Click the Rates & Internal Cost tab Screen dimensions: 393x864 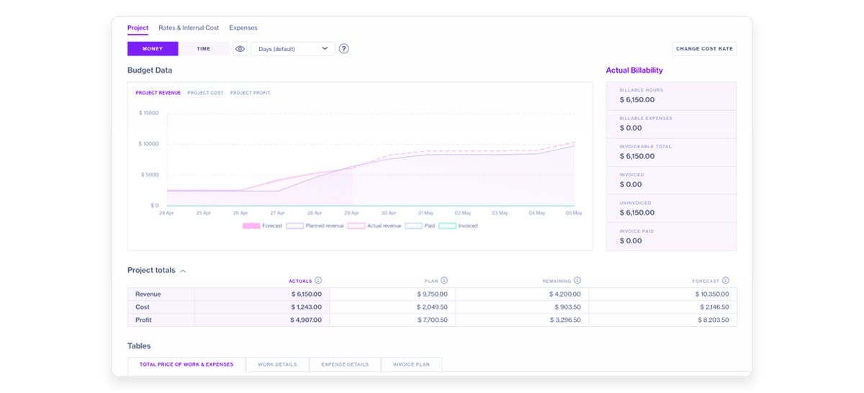pos(189,28)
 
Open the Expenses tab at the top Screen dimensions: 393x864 pos(243,28)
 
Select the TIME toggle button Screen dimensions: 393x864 pos(204,49)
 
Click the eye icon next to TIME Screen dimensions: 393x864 pos(240,49)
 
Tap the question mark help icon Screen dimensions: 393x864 pos(344,49)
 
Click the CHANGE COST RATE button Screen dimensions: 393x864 pos(704,49)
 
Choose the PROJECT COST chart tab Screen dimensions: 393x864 pos(205,93)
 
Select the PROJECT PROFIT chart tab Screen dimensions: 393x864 pos(251,93)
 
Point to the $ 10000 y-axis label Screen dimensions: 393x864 pos(149,144)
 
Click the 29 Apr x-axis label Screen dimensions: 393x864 pos(351,213)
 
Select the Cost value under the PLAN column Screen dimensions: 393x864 pos(432,307)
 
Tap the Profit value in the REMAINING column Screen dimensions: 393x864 pos(565,320)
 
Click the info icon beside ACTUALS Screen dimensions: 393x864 pos(318,281)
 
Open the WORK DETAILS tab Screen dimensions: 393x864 pos(277,365)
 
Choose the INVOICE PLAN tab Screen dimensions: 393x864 pos(411,365)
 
